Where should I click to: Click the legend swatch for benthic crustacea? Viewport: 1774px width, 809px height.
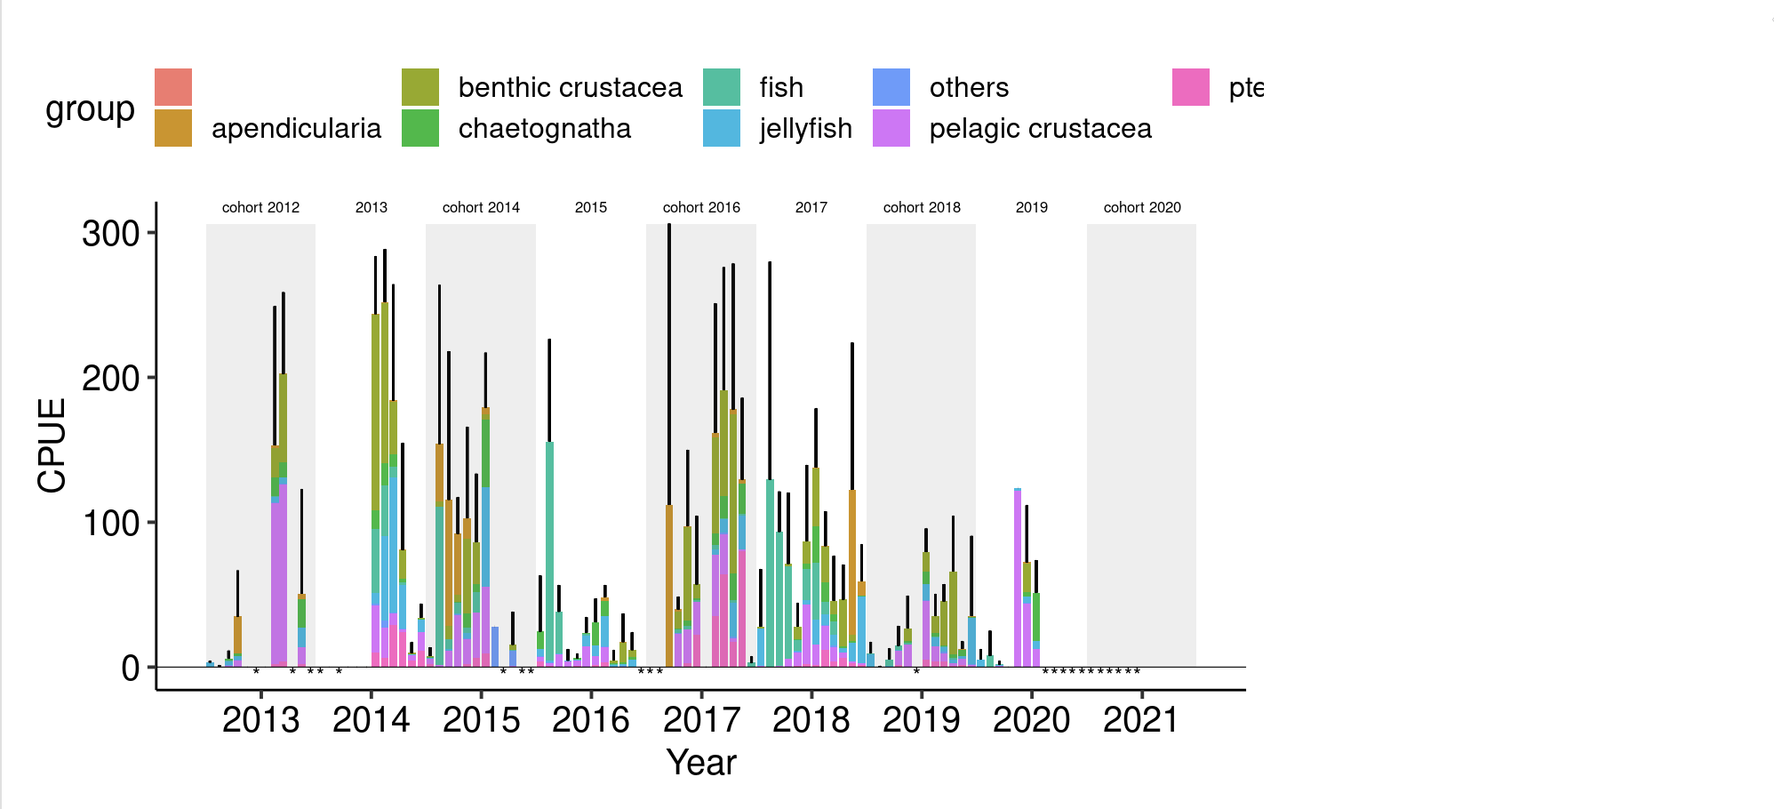click(x=420, y=87)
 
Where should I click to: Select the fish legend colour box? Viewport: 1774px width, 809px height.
click(x=721, y=87)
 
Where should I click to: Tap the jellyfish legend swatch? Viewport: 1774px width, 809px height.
click(x=721, y=128)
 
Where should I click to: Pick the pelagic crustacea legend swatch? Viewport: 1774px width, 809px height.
click(x=891, y=128)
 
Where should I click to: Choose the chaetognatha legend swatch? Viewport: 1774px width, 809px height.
click(x=420, y=128)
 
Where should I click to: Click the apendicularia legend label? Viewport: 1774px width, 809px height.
click(x=296, y=128)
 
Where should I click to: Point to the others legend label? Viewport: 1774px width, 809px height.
click(x=969, y=87)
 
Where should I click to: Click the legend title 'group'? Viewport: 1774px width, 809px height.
click(x=90, y=108)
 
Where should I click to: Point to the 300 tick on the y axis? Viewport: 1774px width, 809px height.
click(x=111, y=234)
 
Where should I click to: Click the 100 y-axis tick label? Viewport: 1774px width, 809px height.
click(x=111, y=523)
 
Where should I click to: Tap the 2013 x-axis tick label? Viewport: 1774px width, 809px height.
click(x=260, y=720)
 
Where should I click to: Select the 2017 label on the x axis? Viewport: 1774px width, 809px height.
click(x=701, y=720)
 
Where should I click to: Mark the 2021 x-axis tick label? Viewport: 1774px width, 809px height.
click(x=1141, y=720)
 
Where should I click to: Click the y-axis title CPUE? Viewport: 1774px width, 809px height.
click(x=52, y=445)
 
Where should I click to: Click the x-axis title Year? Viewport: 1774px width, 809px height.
click(x=701, y=763)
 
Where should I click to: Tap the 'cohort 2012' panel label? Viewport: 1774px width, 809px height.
click(x=260, y=207)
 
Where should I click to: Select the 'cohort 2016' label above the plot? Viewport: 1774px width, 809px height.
click(x=701, y=207)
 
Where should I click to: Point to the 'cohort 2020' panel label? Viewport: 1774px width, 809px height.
click(x=1142, y=207)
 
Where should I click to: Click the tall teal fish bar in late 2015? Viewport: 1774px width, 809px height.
click(x=549, y=551)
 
